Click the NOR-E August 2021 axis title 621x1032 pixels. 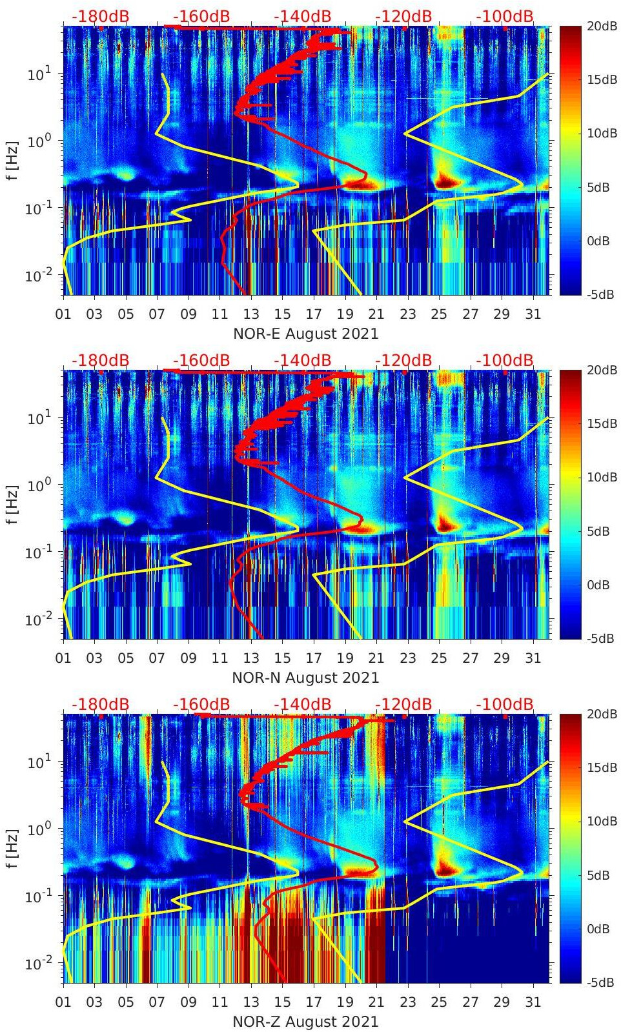coord(305,334)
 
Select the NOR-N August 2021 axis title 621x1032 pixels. coord(305,678)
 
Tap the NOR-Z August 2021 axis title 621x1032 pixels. coord(305,1022)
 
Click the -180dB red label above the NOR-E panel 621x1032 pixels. coord(100,16)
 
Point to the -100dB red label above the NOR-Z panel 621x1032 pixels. coord(505,704)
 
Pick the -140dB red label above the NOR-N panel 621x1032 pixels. coord(302,360)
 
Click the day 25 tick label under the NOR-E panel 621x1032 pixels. coord(439,314)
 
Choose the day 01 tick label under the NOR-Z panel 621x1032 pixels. coord(63,1002)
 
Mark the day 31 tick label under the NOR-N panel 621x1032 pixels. coord(533,658)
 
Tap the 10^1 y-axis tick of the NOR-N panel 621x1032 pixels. coord(39,418)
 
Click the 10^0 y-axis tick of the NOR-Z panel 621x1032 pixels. coord(39,829)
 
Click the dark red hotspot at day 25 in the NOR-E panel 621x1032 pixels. coord(443,180)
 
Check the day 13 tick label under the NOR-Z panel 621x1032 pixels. coord(251,1002)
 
